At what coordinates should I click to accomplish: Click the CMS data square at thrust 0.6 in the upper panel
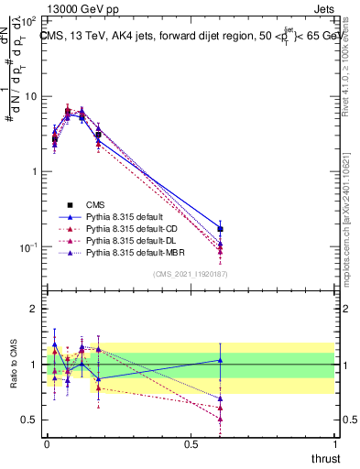220,229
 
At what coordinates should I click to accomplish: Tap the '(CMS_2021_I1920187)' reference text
190,273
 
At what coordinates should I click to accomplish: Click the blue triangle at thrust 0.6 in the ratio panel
220,360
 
